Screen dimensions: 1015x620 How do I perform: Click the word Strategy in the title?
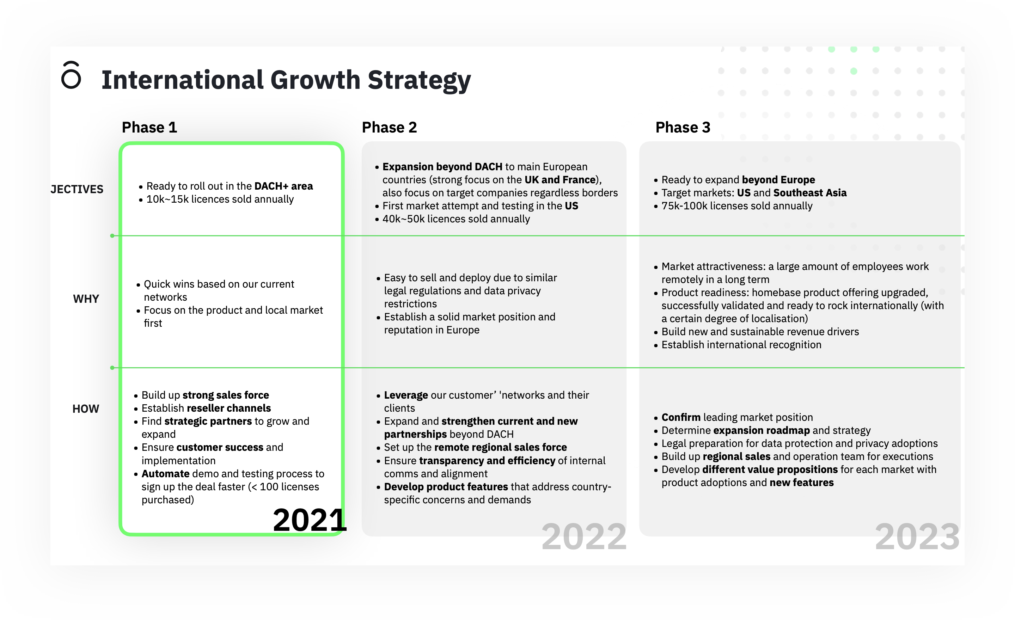[419, 81]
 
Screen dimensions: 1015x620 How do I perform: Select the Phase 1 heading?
[149, 127]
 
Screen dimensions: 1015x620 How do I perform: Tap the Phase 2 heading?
[389, 127]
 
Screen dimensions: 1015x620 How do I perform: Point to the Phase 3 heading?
[683, 127]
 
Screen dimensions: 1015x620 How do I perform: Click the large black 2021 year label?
[310, 520]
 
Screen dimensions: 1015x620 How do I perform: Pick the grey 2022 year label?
[584, 537]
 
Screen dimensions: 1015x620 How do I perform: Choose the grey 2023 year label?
[917, 537]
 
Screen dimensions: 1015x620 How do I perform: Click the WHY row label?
[86, 299]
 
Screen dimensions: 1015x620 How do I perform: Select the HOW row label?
[86, 409]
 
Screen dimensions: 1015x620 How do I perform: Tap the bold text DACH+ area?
[283, 186]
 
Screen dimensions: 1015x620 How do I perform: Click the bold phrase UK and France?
[560, 180]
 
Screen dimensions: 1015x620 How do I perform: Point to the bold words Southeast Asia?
[810, 193]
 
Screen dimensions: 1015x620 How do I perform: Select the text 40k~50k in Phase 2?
[403, 219]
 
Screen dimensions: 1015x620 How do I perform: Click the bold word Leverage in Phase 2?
[406, 395]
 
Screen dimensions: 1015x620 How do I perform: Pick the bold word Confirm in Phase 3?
[681, 417]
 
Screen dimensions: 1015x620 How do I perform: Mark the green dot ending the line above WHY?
[112, 236]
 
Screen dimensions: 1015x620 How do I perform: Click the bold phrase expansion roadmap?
[761, 430]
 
